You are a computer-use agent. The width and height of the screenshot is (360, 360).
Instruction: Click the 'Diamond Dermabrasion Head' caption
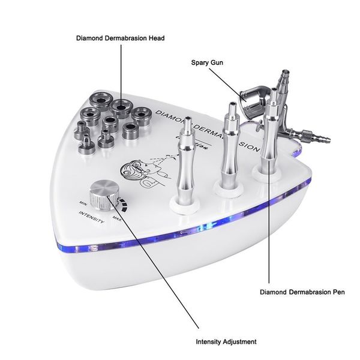click(x=121, y=38)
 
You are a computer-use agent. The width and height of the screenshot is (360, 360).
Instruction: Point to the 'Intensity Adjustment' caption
click(x=226, y=341)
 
